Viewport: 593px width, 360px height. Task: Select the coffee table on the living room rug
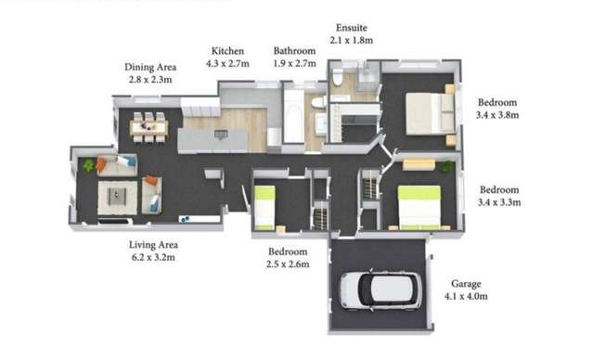click(117, 196)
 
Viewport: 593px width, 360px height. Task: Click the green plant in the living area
click(89, 165)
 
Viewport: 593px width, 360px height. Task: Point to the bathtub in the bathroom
click(292, 115)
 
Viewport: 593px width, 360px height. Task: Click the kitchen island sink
click(221, 135)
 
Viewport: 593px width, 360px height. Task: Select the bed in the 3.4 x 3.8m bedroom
click(429, 113)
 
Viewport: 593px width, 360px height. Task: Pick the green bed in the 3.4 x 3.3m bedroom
click(419, 206)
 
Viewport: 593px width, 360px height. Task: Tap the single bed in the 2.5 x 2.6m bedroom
click(264, 207)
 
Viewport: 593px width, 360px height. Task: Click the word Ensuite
click(353, 28)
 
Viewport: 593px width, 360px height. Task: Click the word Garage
click(468, 283)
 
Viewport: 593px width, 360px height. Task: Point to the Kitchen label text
click(227, 51)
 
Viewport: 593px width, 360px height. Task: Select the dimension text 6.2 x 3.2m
click(153, 257)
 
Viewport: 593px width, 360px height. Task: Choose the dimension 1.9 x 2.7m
click(296, 65)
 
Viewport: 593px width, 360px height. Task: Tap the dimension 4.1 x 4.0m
click(468, 297)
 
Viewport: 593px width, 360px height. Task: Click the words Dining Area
click(149, 67)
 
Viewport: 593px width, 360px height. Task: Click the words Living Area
click(153, 244)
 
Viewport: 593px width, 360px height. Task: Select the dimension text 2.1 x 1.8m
click(353, 41)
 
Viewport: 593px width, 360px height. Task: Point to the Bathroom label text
click(296, 51)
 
